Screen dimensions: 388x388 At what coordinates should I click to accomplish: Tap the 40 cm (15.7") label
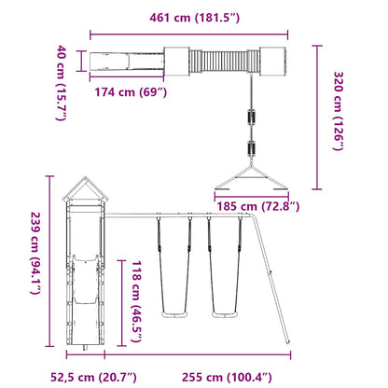(61, 70)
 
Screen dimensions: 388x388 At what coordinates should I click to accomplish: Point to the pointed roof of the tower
(88, 191)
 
